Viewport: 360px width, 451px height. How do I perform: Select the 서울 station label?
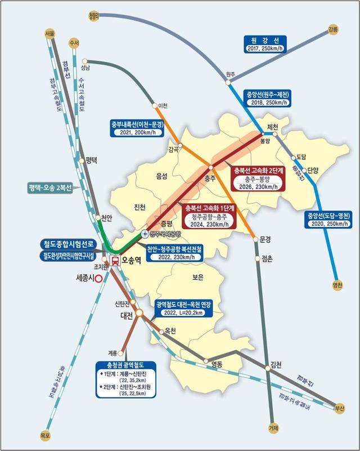coord(49,34)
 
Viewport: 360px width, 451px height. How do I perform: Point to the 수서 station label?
coord(73,43)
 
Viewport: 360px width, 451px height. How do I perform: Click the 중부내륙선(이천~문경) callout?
coord(136,127)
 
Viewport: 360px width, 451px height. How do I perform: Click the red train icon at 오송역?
coord(115,260)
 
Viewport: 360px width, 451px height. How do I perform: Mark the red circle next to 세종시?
coord(99,278)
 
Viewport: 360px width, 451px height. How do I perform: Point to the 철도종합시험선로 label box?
coord(70,244)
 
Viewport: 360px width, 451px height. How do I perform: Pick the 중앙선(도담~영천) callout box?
coord(328,220)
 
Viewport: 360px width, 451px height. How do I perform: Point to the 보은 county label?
coord(197,278)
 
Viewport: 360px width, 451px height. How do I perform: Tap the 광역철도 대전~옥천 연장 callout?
coord(184,307)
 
